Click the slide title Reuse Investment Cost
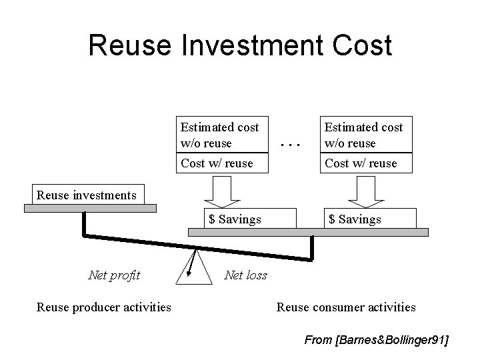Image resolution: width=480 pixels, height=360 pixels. (240, 45)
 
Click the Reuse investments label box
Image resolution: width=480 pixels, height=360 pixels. (87, 195)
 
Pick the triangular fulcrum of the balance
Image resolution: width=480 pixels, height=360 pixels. (195, 270)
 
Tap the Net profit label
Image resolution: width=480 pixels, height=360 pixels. (114, 275)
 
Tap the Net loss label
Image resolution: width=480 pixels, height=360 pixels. (246, 275)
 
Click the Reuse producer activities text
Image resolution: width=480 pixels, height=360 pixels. (103, 307)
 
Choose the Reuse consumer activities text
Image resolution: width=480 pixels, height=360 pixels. (346, 307)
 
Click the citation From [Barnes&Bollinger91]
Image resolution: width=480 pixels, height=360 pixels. (376, 340)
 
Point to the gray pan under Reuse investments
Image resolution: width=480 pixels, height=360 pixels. (90, 208)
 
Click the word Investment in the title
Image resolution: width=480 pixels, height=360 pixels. (239, 45)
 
